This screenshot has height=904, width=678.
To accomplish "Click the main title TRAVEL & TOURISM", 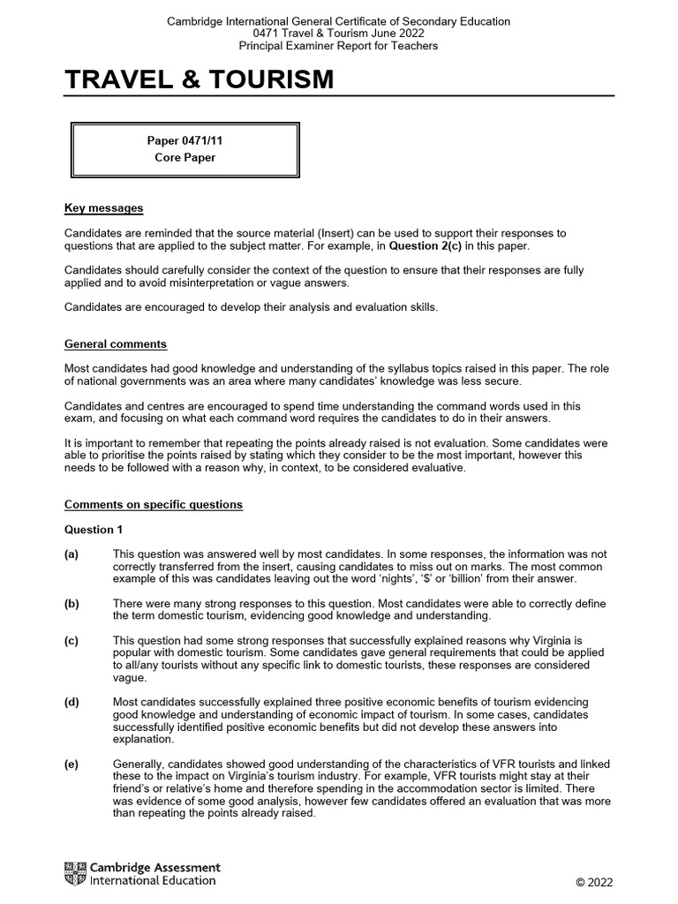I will pos(200,80).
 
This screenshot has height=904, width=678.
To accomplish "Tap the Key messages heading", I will pos(103,208).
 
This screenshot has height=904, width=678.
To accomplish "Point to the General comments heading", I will pos(116,344).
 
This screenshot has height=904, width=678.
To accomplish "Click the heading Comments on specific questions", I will pos(153,505).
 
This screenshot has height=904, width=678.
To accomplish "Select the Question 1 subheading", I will pos(94,530).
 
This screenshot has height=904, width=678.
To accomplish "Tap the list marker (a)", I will pos(72,554).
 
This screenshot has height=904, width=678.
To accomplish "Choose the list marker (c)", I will pos(72,639).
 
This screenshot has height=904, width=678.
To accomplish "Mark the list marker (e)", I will pos(72,764).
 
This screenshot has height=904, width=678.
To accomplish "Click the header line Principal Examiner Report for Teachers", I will pos(339,46).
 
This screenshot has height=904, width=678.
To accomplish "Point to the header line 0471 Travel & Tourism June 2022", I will pos(339,34).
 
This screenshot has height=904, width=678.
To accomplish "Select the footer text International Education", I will pos(153,881).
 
